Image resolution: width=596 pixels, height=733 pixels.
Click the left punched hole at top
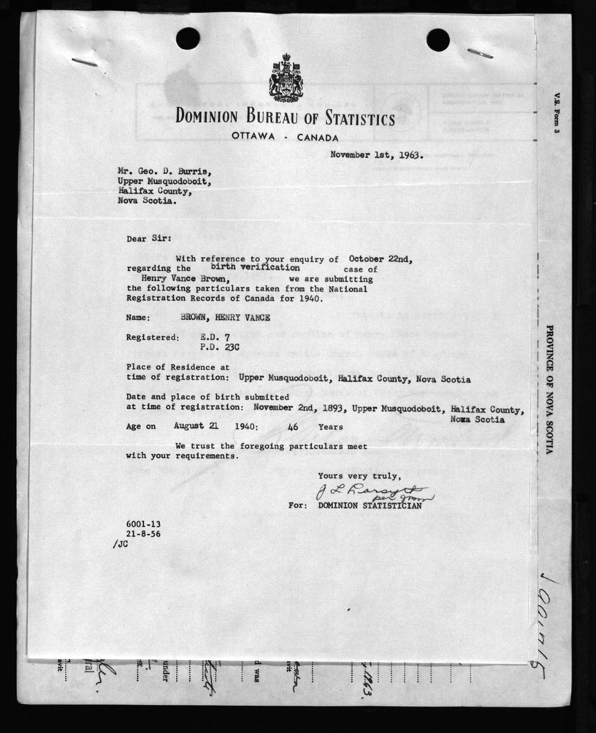click(187, 39)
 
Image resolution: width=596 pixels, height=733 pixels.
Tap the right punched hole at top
click(438, 39)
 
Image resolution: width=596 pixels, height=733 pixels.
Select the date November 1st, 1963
click(376, 155)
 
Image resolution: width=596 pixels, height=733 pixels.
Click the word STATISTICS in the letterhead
click(349, 119)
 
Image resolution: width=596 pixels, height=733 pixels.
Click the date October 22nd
click(380, 258)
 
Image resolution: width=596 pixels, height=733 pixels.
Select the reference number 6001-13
click(138, 524)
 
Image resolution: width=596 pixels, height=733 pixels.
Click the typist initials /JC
click(121, 544)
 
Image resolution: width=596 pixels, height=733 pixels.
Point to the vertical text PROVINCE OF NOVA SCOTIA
click(549, 389)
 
